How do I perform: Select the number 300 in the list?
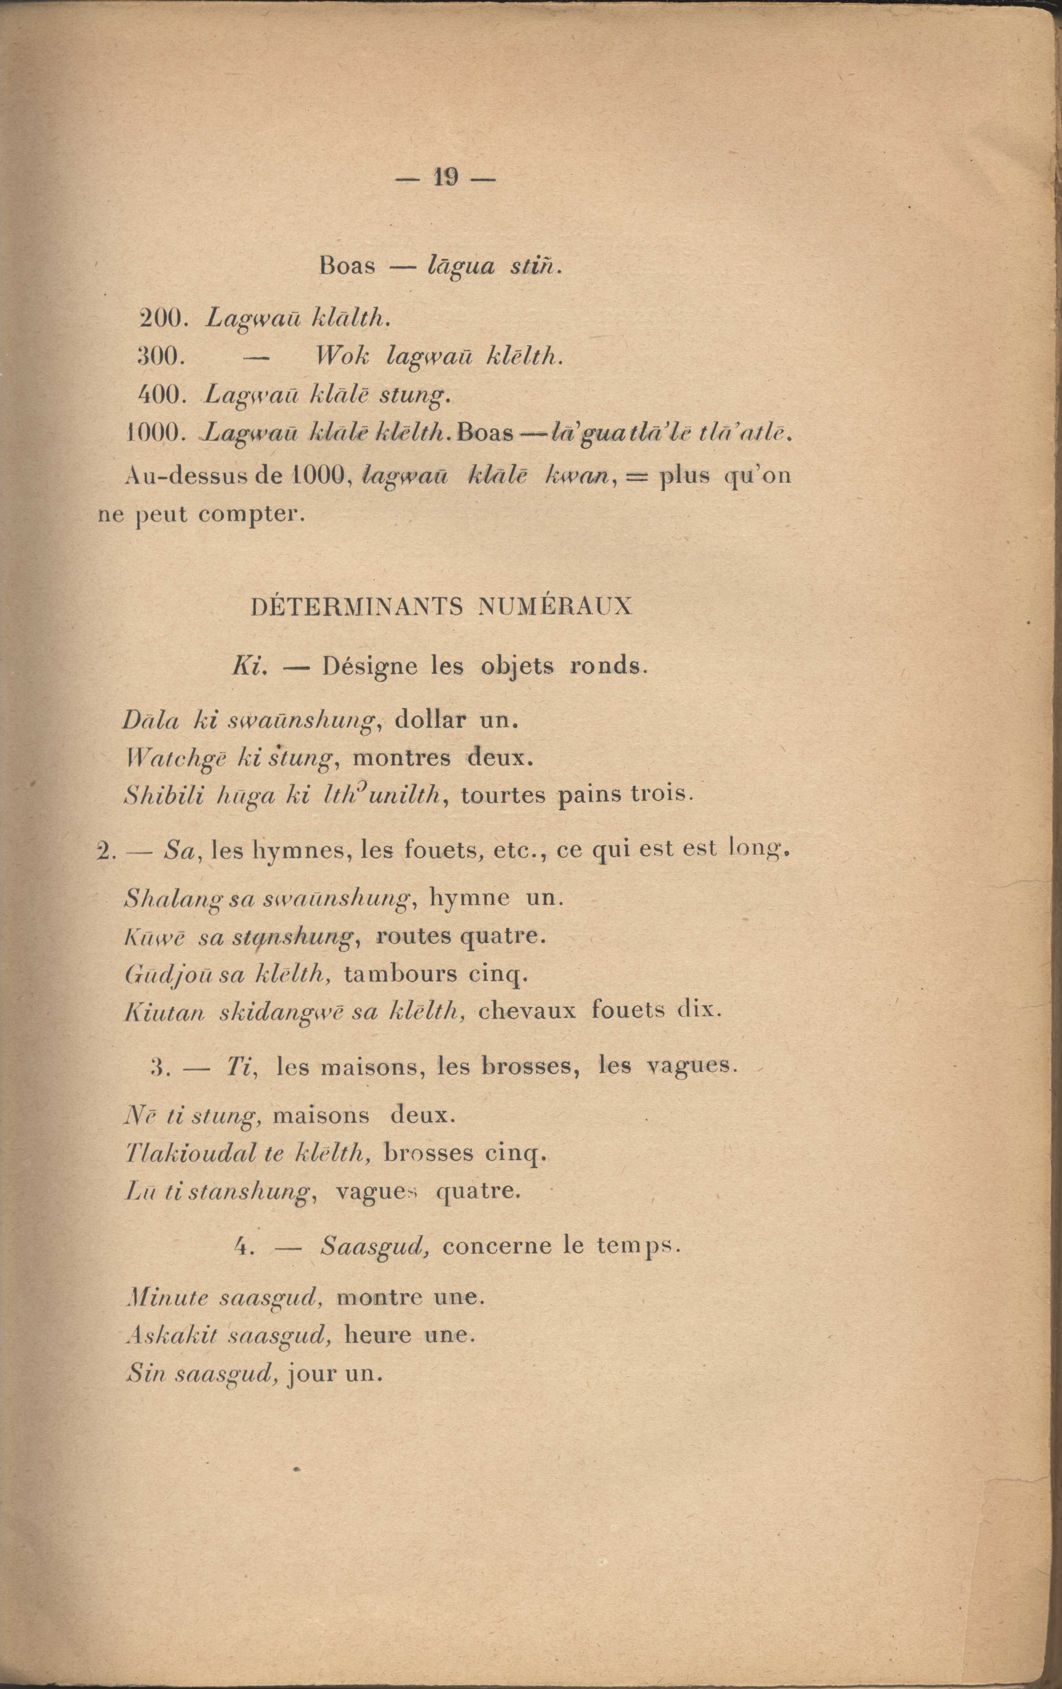161,358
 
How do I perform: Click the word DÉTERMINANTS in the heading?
357,606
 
